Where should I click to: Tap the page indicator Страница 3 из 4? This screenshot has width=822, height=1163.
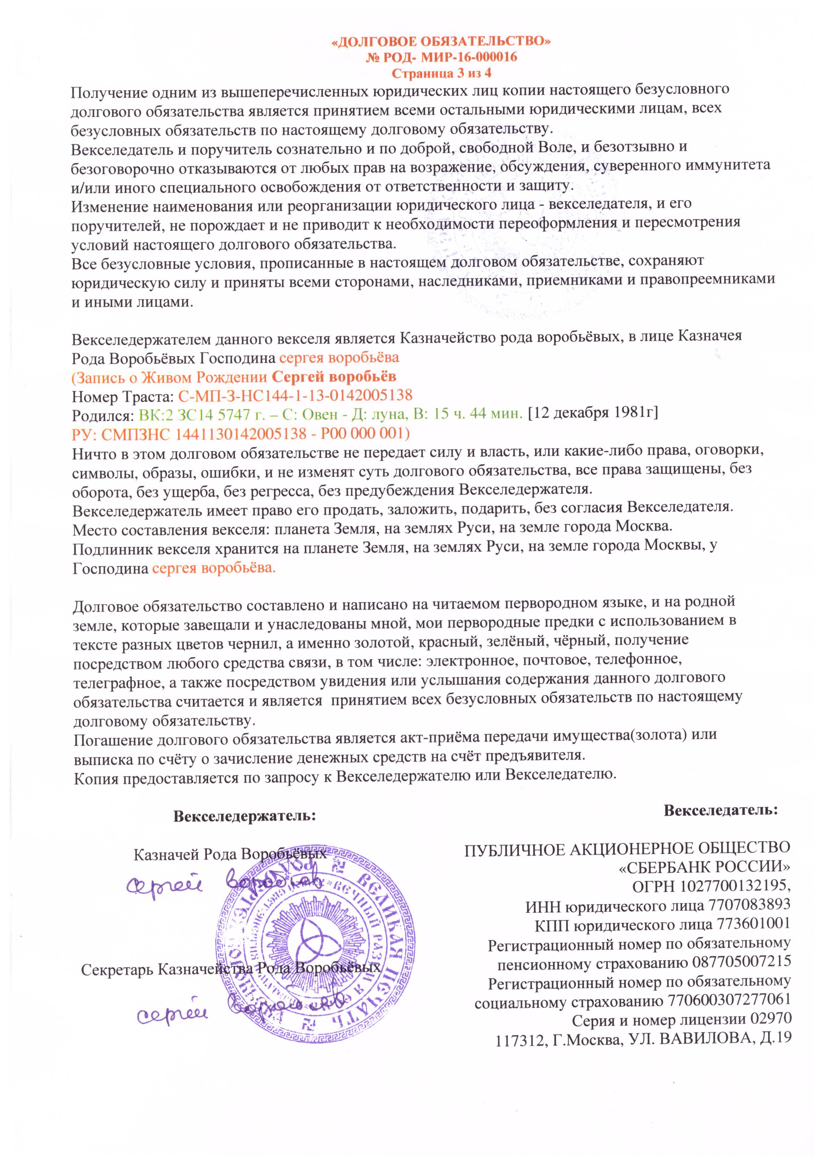tap(442, 72)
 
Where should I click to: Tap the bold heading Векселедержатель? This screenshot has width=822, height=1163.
tap(245, 816)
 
